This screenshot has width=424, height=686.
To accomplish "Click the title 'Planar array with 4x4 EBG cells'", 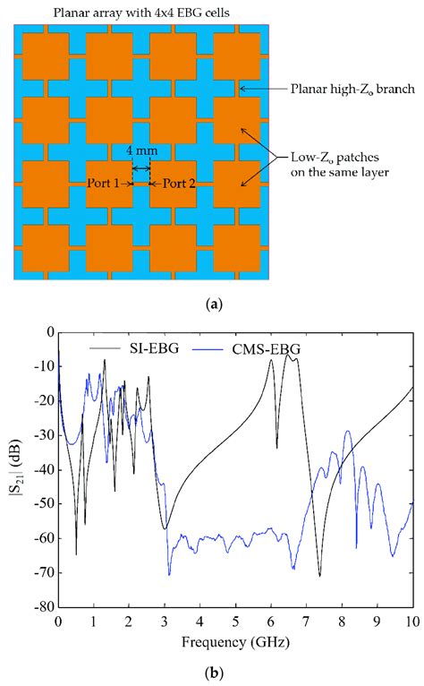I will [127, 12].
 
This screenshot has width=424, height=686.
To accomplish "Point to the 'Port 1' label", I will [105, 184].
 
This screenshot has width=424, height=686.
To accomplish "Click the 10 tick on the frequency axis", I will [411, 620].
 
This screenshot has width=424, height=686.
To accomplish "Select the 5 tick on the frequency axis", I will [235, 620].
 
